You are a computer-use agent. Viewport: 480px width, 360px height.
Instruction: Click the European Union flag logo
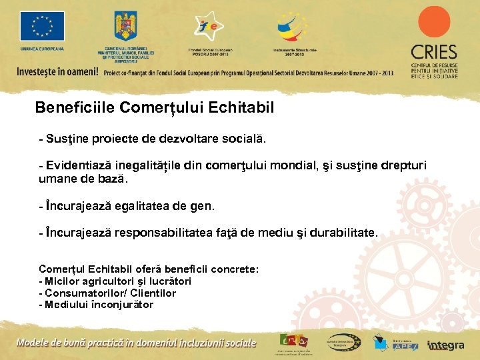[43, 26]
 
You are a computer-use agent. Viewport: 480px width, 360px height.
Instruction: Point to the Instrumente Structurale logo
[293, 27]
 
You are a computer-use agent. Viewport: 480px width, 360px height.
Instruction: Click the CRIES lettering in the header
[434, 52]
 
